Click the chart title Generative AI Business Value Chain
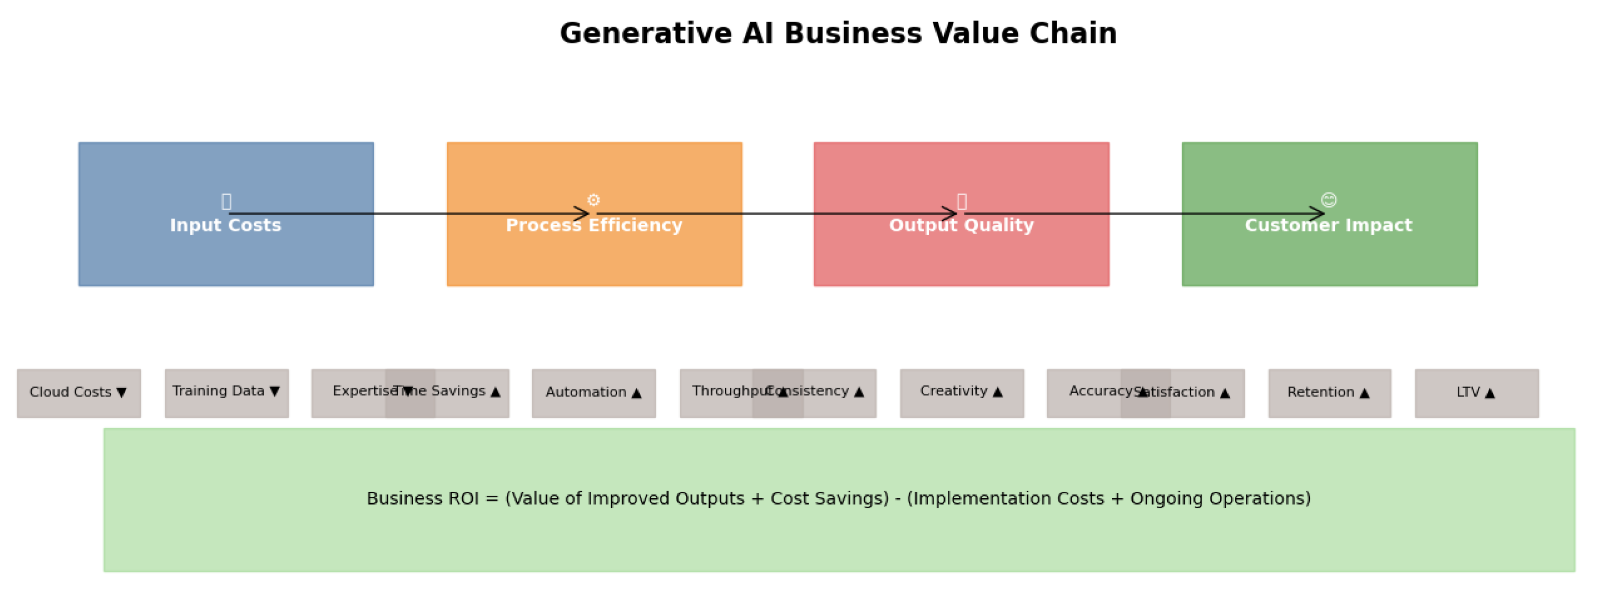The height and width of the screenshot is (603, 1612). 838,34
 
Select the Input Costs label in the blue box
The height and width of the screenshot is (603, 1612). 226,226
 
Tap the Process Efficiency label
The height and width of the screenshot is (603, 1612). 594,226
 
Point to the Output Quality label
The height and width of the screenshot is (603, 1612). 961,226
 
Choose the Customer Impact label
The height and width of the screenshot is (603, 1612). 1328,226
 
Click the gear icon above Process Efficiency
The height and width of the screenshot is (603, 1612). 593,200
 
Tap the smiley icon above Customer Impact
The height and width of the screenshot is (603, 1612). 1328,200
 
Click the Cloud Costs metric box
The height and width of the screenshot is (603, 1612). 79,392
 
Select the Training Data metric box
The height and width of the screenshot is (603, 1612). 226,392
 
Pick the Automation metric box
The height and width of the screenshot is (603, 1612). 594,392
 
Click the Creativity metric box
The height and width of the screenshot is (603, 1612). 962,392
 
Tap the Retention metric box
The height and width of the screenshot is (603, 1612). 1330,392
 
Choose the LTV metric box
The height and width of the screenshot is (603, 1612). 1477,392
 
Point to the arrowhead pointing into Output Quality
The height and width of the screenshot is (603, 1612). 951,214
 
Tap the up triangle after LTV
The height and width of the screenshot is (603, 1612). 1490,392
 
